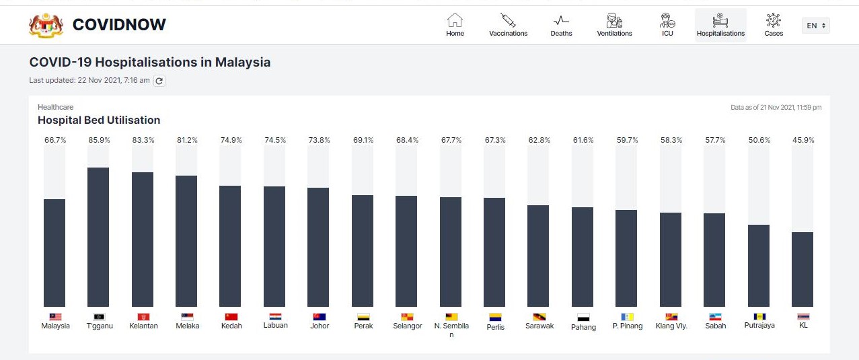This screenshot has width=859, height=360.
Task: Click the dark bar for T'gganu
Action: coord(98,237)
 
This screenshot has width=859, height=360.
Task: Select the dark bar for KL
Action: coord(802,269)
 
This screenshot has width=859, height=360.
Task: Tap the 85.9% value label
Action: coord(98,140)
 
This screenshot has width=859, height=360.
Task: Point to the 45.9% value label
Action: coord(802,140)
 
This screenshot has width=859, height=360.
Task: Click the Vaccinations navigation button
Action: coord(508,26)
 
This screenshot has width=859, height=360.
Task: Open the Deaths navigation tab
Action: coord(561,26)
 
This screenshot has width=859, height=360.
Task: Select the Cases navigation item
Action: coord(774,26)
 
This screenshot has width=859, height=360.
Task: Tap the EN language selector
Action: coord(815,26)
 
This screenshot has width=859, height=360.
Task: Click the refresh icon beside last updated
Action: coord(159,81)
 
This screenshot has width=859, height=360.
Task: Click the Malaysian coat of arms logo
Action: coord(46,25)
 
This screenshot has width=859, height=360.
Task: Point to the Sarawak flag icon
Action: coord(539,317)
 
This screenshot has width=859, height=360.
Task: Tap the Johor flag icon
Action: coord(319,316)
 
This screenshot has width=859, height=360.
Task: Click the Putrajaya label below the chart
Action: coord(759,326)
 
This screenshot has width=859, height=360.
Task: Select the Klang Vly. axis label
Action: coord(671,326)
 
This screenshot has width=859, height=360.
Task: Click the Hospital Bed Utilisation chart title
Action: coord(99,120)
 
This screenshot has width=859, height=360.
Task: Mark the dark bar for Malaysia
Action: coord(54,253)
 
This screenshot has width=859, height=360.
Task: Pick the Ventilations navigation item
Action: coord(614,26)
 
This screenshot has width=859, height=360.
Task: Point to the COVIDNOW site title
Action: coord(119,25)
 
